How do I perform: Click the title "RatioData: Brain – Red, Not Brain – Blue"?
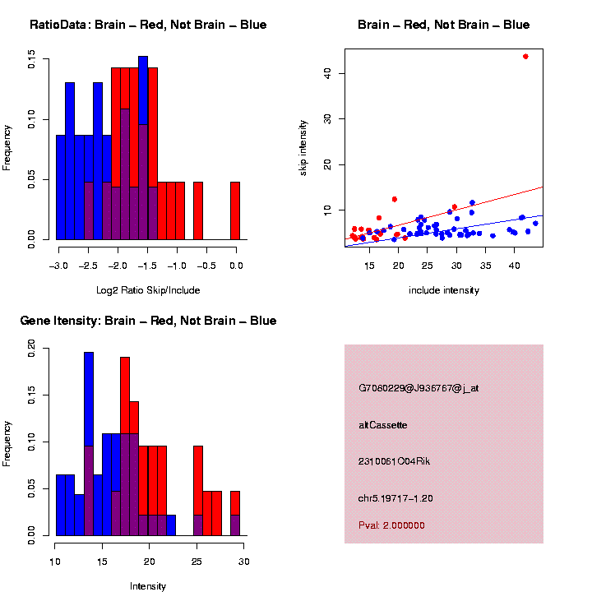click(x=148, y=25)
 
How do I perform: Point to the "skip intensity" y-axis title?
click(x=303, y=147)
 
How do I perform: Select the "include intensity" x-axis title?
click(x=444, y=290)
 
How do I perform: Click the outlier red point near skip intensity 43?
click(x=525, y=56)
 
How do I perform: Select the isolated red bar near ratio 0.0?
click(x=235, y=210)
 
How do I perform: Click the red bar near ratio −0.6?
click(x=198, y=210)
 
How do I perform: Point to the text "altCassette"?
click(x=383, y=425)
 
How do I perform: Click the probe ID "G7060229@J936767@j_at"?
click(x=419, y=388)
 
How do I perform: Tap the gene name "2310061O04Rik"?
click(x=394, y=461)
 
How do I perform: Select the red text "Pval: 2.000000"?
click(x=391, y=525)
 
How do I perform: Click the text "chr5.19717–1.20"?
click(x=395, y=498)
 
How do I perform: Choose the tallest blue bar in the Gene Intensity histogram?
click(x=89, y=444)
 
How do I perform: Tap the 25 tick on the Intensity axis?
click(x=197, y=562)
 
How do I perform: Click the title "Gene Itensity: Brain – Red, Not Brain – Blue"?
click(x=148, y=321)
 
